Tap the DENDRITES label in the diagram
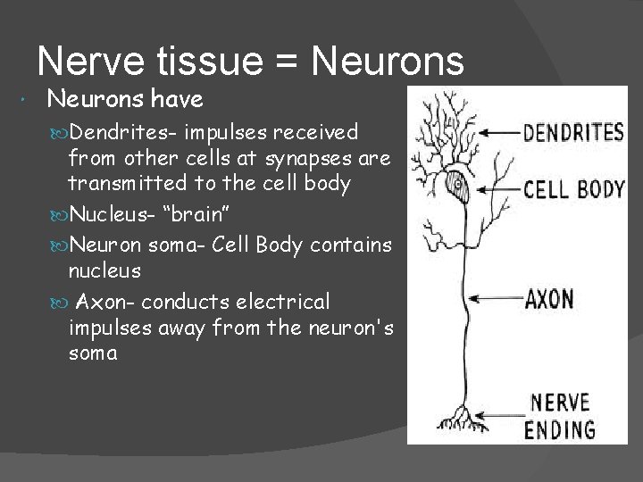pos(572,133)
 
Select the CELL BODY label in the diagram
pos(573,190)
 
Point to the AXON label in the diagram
pos(548,297)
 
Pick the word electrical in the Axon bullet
pos(282,301)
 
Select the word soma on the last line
pos(92,354)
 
